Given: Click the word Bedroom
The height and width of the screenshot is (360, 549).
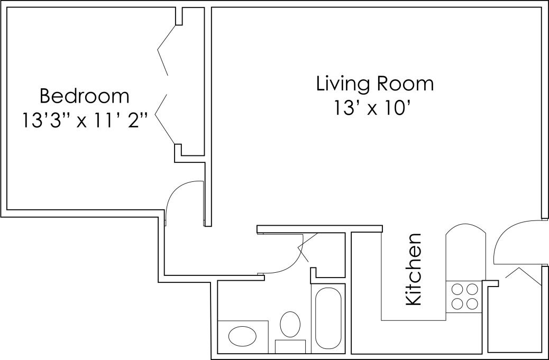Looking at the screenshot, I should (x=84, y=96).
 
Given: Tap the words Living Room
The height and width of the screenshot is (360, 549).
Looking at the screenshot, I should (x=375, y=84).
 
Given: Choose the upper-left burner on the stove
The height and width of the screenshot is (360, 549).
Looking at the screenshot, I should (x=456, y=289).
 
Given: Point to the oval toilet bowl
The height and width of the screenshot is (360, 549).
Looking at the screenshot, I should (x=289, y=324).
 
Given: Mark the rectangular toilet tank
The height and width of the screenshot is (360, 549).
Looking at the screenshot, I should (x=290, y=346).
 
